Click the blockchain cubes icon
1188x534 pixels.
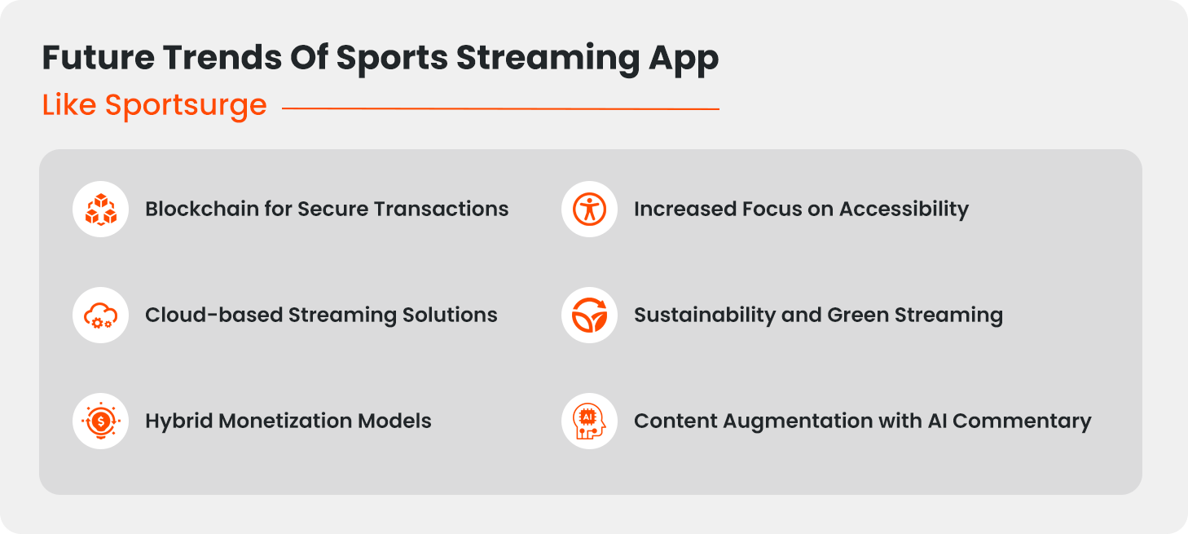click(101, 210)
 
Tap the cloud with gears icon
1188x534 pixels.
click(101, 316)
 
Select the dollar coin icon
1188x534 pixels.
click(101, 421)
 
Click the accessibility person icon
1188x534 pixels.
click(589, 210)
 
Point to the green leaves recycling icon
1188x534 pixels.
click(589, 316)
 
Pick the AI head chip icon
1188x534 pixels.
click(589, 421)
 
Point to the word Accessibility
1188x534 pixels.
click(904, 210)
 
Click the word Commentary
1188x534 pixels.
click(1022, 421)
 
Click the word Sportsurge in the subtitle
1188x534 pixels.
click(186, 105)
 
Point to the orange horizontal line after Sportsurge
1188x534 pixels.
click(500, 108)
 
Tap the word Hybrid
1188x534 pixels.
click(178, 421)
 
